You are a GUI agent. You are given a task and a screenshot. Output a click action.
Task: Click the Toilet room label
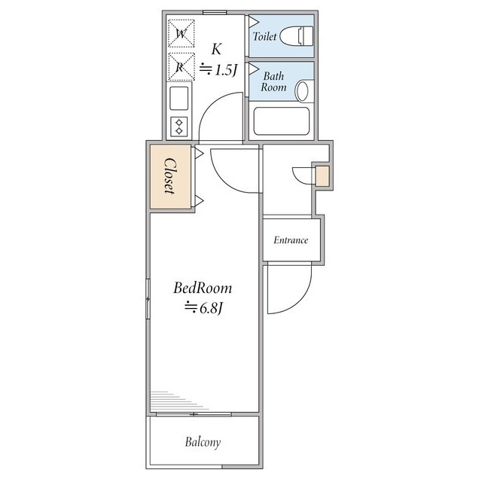(x=265, y=36)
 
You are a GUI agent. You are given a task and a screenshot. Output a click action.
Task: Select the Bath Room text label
(x=274, y=81)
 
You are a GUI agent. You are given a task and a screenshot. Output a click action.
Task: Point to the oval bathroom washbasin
(x=303, y=91)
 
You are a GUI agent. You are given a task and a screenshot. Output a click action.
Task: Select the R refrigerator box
(x=182, y=66)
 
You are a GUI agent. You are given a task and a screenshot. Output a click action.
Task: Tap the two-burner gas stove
(x=179, y=126)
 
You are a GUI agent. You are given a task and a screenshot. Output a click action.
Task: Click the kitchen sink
(x=179, y=98)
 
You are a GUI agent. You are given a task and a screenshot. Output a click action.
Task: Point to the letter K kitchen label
(x=217, y=49)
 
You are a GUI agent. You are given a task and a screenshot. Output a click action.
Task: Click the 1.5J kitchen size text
(x=218, y=70)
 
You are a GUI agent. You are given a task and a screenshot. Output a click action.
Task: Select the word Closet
(x=170, y=176)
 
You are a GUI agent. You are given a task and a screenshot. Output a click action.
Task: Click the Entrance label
(x=291, y=240)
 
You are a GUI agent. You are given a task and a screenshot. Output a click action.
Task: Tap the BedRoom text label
(x=203, y=288)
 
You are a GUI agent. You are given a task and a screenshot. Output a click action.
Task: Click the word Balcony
(x=203, y=442)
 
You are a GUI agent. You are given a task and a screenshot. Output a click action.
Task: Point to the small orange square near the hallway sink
(x=322, y=177)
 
